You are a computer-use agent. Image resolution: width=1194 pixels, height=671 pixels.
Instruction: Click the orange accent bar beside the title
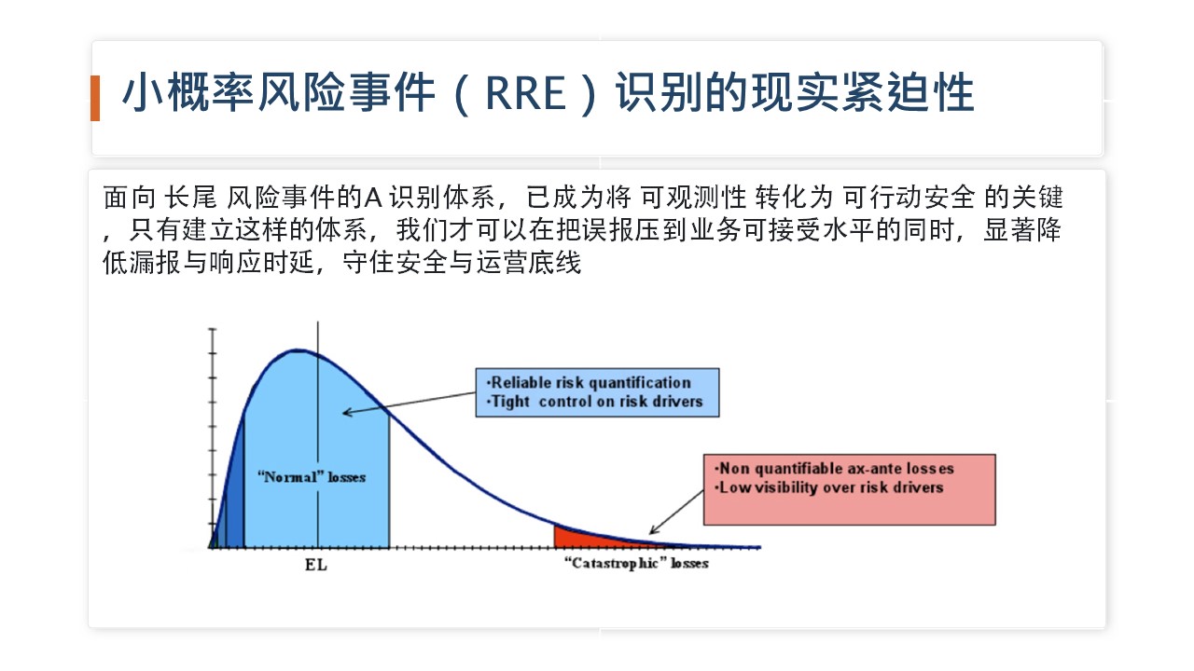95,98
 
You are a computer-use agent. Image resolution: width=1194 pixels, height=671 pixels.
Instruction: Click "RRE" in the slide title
525,93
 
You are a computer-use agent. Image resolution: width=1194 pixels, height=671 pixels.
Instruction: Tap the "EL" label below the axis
316,565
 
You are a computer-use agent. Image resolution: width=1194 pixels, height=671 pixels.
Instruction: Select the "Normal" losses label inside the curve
312,476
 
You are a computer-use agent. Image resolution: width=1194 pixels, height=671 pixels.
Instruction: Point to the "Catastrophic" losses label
636,564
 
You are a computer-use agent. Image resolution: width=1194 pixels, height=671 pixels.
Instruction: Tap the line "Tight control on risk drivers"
596,401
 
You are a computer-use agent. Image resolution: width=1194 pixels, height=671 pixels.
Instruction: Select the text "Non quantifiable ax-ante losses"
834,469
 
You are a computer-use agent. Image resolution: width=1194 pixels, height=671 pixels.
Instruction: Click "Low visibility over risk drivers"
829,487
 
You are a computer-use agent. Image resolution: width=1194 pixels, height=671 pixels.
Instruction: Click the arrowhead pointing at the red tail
654,530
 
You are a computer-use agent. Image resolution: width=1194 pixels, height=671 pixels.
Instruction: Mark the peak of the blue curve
298,350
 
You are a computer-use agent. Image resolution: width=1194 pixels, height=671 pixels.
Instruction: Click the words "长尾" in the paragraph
190,198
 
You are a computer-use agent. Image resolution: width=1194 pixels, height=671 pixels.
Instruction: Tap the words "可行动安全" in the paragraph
909,198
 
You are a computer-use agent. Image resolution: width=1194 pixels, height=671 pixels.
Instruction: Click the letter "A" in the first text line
373,198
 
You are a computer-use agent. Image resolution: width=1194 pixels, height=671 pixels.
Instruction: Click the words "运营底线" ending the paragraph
528,263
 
